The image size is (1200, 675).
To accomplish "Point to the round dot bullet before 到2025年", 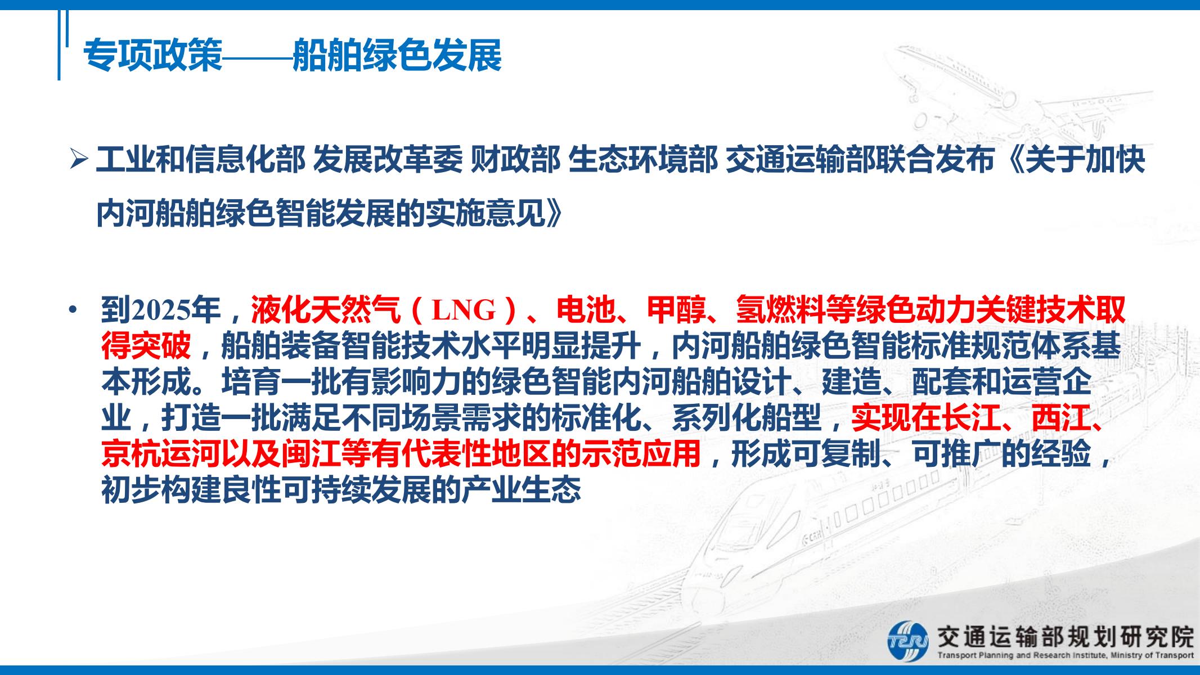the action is (x=72, y=309).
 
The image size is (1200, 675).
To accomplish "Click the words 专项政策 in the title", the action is (x=152, y=55).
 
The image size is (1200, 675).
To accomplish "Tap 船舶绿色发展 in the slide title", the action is (x=397, y=55).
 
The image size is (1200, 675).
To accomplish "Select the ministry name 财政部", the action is (x=515, y=161).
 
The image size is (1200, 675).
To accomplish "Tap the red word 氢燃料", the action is (x=781, y=309).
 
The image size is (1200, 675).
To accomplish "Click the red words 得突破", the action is (x=146, y=345).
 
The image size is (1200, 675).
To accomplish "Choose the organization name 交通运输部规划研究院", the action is (x=1064, y=637).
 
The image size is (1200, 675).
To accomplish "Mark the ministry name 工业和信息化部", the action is (x=200, y=161).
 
